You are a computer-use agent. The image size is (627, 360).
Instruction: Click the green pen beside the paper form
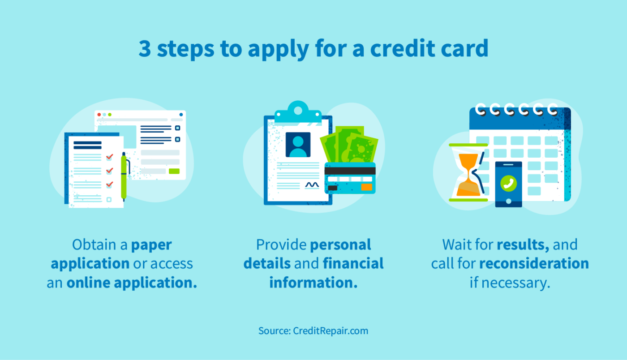tap(124, 177)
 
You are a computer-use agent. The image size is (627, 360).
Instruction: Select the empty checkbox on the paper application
tap(109, 199)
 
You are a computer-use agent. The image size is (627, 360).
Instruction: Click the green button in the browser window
tap(174, 171)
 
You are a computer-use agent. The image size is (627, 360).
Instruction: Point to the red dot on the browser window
tap(99, 115)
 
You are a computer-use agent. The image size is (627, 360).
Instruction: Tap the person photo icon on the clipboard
tap(298, 144)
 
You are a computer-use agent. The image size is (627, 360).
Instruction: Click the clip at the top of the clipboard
tap(298, 111)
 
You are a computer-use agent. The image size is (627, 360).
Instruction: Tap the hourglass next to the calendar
tap(468, 172)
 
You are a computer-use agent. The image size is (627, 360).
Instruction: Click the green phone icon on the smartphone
tap(508, 182)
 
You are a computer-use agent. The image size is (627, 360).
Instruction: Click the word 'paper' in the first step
tap(151, 245)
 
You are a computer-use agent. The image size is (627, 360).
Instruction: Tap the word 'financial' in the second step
tap(353, 264)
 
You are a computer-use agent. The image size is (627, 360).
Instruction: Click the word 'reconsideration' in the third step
tap(534, 264)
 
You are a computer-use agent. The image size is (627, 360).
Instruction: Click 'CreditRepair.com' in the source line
tap(331, 331)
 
